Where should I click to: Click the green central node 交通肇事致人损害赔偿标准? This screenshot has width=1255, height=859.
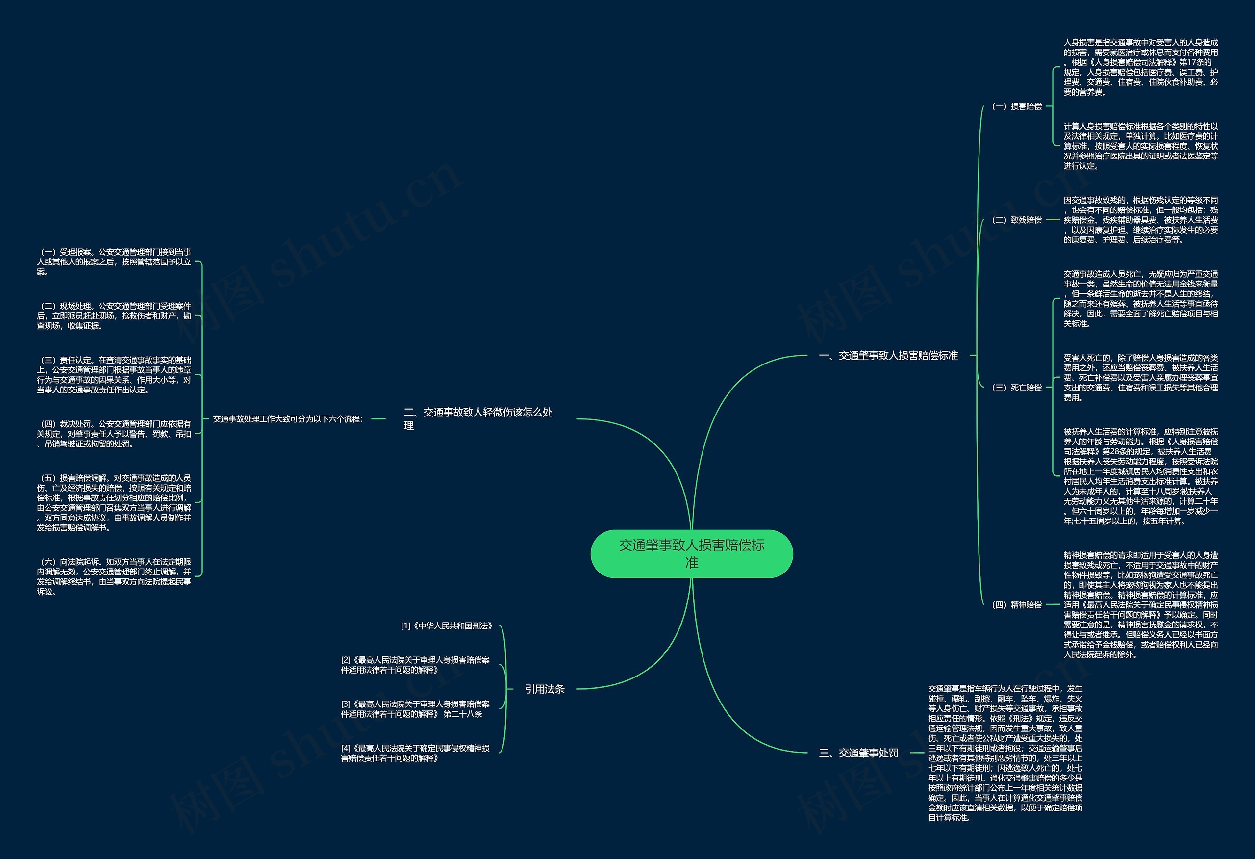(x=691, y=554)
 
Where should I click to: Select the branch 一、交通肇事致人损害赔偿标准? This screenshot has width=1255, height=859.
(x=888, y=356)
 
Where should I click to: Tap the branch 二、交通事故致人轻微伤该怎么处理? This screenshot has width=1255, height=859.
(x=478, y=418)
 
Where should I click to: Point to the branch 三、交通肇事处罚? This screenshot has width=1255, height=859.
(x=858, y=753)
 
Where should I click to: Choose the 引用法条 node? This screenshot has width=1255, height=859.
(x=544, y=689)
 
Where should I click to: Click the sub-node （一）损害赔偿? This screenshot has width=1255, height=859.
(x=1017, y=106)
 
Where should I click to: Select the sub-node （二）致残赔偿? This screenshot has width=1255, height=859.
(x=1017, y=220)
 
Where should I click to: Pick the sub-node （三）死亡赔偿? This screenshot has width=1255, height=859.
(x=1017, y=388)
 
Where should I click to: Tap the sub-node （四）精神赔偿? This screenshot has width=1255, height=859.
(x=1017, y=604)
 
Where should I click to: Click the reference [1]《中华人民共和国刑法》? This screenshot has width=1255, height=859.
(x=447, y=625)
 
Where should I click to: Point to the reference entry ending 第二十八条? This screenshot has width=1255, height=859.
(x=415, y=709)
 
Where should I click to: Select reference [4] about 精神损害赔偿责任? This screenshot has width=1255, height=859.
(x=415, y=753)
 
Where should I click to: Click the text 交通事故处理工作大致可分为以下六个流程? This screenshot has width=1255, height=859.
(x=288, y=418)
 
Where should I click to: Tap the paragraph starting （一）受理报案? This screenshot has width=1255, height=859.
(x=114, y=262)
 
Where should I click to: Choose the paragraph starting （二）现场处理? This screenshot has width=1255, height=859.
(x=114, y=316)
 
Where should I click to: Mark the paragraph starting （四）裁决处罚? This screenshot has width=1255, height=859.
(x=114, y=434)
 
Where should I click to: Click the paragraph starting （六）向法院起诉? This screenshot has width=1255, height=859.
(x=114, y=576)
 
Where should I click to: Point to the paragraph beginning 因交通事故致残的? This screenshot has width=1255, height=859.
(x=1140, y=220)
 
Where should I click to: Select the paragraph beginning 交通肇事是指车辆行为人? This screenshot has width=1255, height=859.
(x=1005, y=753)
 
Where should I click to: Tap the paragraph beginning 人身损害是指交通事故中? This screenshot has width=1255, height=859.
(x=1140, y=67)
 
